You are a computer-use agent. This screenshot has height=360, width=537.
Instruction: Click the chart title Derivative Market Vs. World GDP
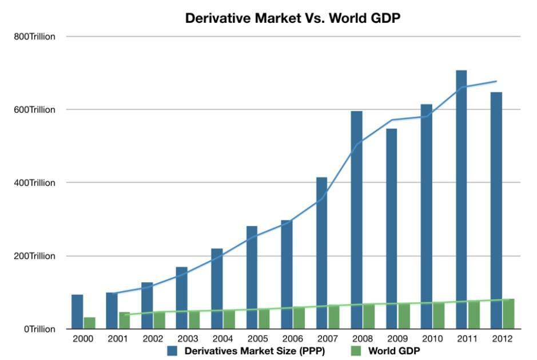click(x=292, y=18)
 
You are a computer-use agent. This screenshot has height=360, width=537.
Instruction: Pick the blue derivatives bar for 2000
click(x=77, y=311)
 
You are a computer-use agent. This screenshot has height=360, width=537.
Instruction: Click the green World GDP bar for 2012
click(x=508, y=314)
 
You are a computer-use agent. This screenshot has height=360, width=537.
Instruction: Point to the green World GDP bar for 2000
click(x=89, y=323)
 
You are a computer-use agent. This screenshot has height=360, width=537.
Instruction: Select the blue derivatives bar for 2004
click(x=217, y=288)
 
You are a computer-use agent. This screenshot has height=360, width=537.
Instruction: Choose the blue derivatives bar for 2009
click(x=391, y=228)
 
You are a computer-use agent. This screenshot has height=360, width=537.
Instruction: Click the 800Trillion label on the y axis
click(x=35, y=37)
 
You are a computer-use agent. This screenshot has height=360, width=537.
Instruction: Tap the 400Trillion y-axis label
click(x=35, y=183)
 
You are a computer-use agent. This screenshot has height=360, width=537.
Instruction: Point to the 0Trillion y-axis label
click(x=39, y=329)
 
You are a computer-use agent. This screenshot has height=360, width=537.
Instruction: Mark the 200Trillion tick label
click(x=35, y=256)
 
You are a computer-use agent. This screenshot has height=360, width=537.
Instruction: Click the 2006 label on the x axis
click(x=292, y=339)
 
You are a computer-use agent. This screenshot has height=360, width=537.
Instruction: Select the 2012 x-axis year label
click(x=502, y=339)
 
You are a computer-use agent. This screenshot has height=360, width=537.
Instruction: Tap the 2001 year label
click(x=117, y=339)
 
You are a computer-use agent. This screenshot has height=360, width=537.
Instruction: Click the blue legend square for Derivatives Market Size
click(x=173, y=350)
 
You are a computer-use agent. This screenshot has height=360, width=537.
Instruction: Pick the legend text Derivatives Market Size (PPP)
click(x=254, y=350)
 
